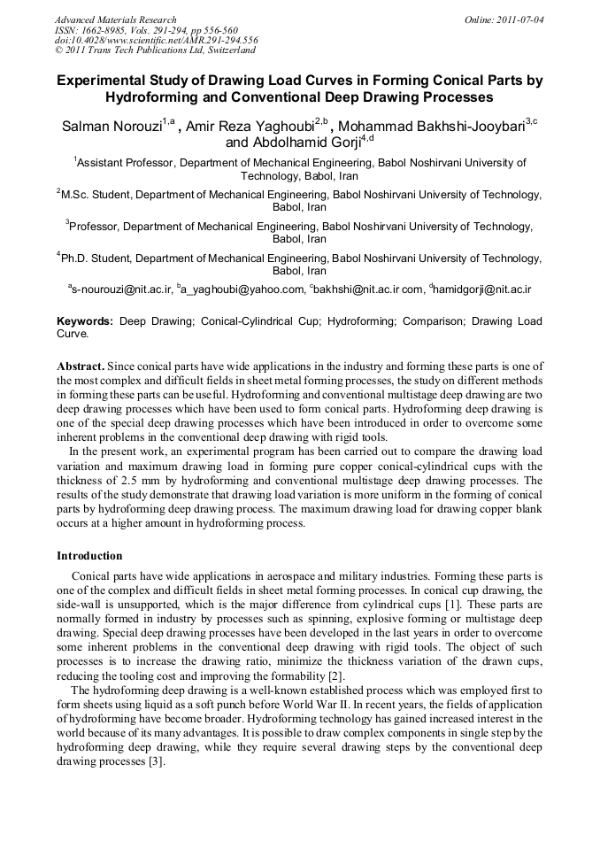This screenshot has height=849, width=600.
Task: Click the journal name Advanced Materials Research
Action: tap(115, 19)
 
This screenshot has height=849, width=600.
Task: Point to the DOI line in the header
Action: tap(156, 41)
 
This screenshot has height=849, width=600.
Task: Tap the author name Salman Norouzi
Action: tap(111, 127)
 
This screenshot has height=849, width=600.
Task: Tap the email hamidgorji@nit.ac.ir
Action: tap(483, 289)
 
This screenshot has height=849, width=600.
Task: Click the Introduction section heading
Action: tap(89, 556)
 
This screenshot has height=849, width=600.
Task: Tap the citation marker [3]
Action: tap(155, 763)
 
